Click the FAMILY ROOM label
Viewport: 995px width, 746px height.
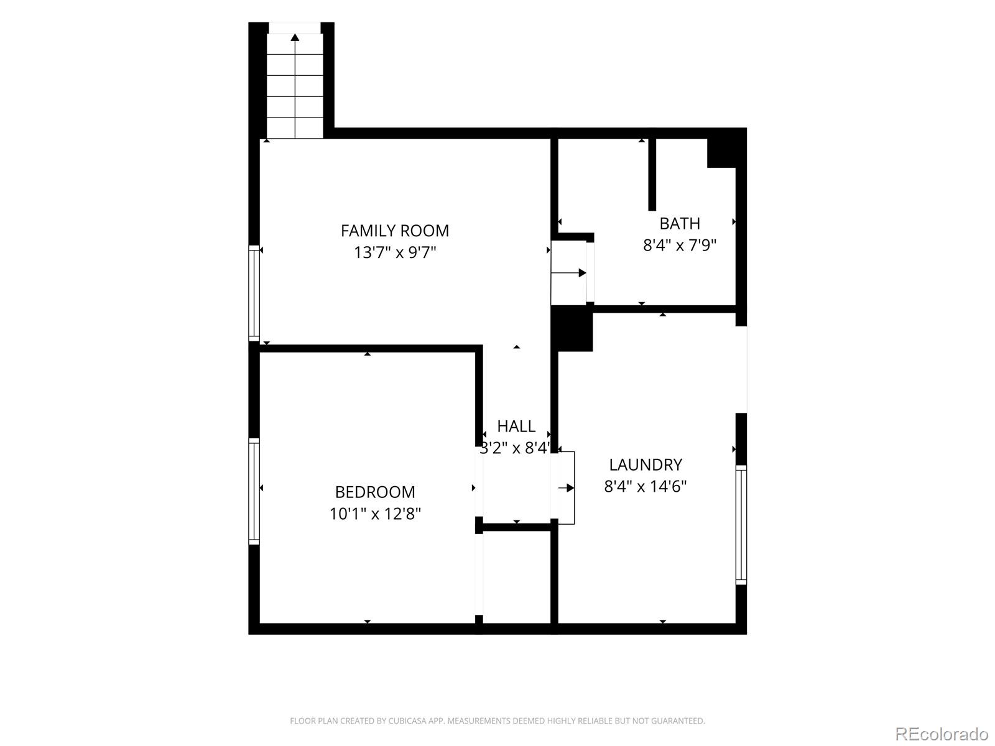(395, 231)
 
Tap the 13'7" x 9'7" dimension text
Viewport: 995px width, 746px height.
(395, 252)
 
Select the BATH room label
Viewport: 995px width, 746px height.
(680, 224)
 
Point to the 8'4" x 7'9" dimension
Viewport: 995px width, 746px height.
(680, 245)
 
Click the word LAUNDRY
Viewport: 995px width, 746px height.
(646, 465)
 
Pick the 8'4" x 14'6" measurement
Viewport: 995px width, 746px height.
(646, 487)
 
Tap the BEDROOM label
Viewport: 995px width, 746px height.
(375, 492)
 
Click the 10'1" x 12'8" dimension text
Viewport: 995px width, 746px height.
(375, 513)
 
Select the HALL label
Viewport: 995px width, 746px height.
(516, 426)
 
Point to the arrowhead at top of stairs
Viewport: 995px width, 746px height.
(295, 37)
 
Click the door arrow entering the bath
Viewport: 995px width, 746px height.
(569, 273)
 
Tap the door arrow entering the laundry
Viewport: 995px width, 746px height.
(566, 488)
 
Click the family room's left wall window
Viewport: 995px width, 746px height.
(254, 293)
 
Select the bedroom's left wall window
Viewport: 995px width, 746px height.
(254, 492)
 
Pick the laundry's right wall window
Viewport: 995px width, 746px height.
(741, 525)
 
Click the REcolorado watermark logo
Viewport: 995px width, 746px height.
(942, 734)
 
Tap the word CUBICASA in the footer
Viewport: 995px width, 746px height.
(408, 721)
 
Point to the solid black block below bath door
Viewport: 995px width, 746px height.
(572, 329)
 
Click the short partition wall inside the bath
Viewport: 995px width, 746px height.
(652, 175)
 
